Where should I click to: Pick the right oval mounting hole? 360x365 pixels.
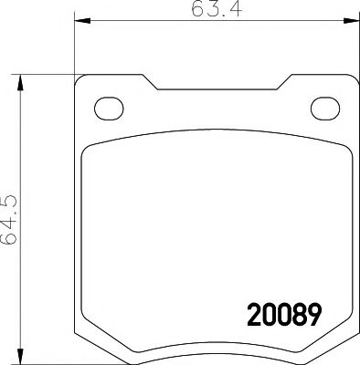[x=324, y=107]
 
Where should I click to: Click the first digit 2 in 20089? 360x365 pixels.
[x=255, y=316]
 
